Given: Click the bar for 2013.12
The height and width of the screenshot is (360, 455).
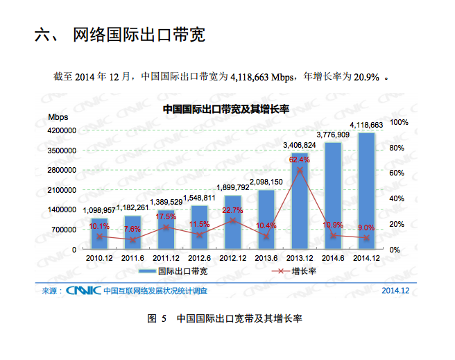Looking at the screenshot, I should [300, 201].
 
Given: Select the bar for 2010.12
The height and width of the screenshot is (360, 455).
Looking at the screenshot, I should [99, 233].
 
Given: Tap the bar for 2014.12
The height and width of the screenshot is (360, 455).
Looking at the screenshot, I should [366, 191].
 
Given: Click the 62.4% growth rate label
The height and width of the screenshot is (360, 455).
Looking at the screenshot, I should [300, 160].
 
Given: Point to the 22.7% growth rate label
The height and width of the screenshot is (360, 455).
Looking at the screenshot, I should [232, 210].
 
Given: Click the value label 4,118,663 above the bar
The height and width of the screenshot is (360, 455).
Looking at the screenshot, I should [366, 125].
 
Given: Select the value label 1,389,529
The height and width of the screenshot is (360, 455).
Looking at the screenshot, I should [166, 202].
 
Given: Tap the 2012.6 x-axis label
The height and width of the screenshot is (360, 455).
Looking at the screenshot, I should [199, 258].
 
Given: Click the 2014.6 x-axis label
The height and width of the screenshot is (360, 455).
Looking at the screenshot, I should [333, 258].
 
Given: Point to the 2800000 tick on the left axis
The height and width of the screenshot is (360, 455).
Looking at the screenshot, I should [62, 170].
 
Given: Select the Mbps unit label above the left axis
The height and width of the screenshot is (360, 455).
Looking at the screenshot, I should [58, 117].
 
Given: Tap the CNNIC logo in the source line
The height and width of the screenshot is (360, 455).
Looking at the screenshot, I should [83, 290].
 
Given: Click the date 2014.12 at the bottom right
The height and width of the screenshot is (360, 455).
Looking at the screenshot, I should [395, 290].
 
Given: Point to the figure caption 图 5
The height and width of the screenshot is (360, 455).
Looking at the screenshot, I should [158, 318].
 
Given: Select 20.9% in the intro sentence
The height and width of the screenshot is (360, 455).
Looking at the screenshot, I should [366, 77].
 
